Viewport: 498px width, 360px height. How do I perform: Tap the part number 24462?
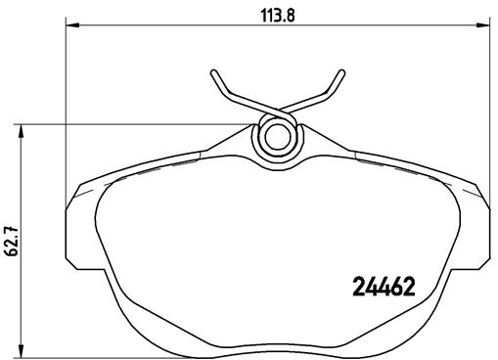click(384, 287)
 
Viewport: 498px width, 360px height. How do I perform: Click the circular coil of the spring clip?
click(276, 136)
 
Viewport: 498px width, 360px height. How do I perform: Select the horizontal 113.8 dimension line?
click(196, 24)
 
